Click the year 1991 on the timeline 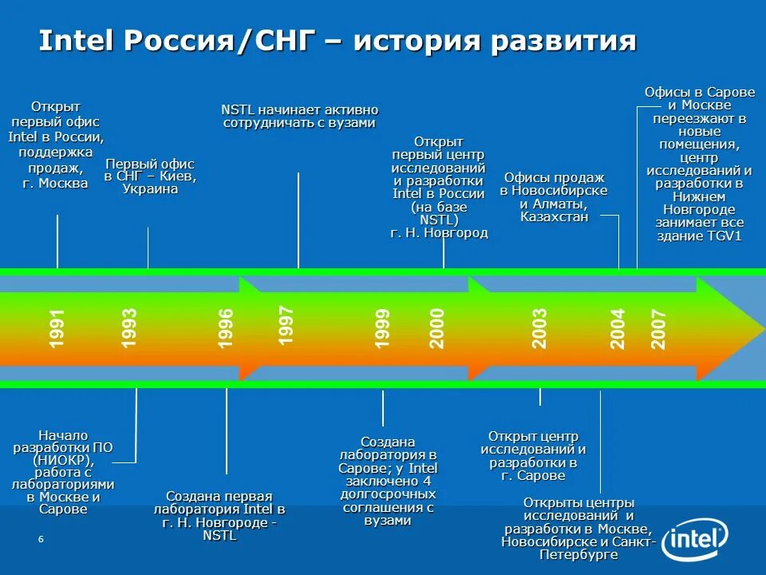57,327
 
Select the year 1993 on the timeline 129,327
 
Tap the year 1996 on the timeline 227,327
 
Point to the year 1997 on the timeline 286,325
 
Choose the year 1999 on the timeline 383,327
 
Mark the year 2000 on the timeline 437,327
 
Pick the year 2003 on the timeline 540,327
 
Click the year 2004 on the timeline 618,327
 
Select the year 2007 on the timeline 658,327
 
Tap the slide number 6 41,541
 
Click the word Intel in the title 77,41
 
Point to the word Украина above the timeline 150,189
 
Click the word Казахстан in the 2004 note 554,216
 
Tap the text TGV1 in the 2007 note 724,236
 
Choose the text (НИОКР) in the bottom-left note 63,461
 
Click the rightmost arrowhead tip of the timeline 763,328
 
